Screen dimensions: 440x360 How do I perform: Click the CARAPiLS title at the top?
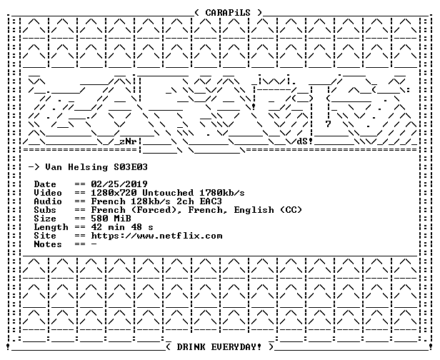(x=228, y=13)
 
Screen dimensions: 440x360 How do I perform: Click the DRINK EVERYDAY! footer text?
(x=219, y=347)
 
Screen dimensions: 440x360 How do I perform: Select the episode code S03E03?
(x=131, y=167)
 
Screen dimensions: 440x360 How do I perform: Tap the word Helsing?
(x=88, y=168)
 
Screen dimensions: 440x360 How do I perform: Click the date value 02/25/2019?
(x=119, y=184)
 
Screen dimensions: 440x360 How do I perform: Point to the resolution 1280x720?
(x=114, y=193)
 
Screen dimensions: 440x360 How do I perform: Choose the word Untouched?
(x=168, y=193)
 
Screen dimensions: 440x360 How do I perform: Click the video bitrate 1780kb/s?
(x=222, y=193)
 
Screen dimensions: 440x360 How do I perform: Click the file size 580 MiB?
(x=111, y=219)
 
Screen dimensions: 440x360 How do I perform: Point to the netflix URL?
(x=156, y=236)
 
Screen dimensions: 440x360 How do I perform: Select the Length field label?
(x=51, y=227)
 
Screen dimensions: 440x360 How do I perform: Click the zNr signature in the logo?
(x=128, y=141)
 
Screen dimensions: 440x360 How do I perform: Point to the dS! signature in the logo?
(x=305, y=141)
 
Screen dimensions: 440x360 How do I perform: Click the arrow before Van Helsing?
(x=34, y=168)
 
